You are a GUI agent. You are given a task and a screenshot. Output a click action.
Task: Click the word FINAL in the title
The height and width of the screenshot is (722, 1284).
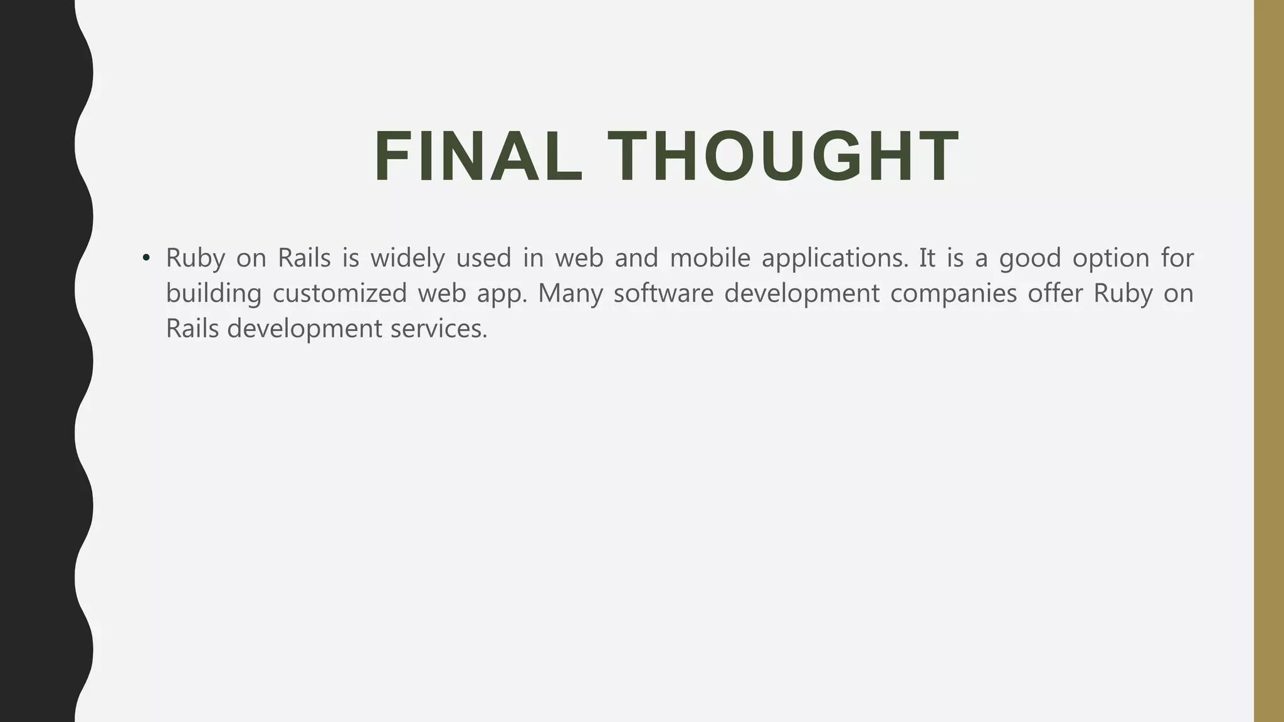pyautogui.click(x=478, y=157)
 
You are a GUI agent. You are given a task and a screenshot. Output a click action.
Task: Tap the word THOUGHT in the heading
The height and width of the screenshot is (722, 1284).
pyautogui.click(x=783, y=157)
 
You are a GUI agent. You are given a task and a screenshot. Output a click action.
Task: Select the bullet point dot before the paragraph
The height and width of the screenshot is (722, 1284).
pyautogui.click(x=146, y=258)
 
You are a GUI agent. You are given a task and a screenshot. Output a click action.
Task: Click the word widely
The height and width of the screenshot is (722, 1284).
pyautogui.click(x=408, y=258)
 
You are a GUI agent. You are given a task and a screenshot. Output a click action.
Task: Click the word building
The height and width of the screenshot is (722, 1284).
pyautogui.click(x=213, y=293)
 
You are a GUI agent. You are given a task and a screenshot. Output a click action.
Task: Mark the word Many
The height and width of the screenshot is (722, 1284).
pyautogui.click(x=570, y=293)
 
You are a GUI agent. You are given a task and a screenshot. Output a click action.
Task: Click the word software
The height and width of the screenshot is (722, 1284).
pyautogui.click(x=663, y=293)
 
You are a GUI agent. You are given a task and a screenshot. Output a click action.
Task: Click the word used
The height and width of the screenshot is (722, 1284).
pyautogui.click(x=483, y=258)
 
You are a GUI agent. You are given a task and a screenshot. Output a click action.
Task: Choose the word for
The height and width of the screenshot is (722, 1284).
pyautogui.click(x=1177, y=258)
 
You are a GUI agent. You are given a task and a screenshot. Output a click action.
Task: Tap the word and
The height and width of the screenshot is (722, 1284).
pyautogui.click(x=636, y=258)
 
